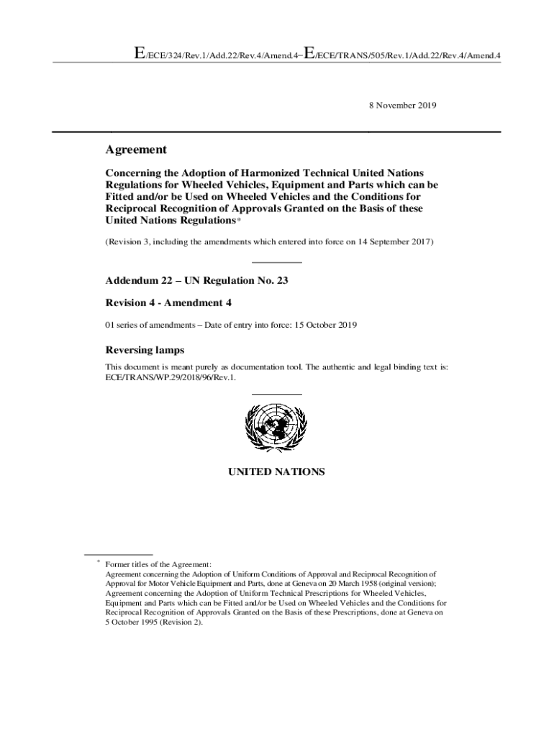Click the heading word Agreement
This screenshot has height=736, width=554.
click(136, 149)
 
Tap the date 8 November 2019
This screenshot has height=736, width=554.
click(402, 105)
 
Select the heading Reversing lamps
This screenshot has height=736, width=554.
click(145, 350)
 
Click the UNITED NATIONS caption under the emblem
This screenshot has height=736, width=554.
click(276, 472)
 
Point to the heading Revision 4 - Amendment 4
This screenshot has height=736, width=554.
click(168, 303)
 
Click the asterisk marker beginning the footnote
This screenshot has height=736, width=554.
click(99, 563)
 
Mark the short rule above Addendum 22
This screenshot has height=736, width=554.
click(276, 262)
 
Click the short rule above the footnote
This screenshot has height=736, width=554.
click(118, 554)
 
